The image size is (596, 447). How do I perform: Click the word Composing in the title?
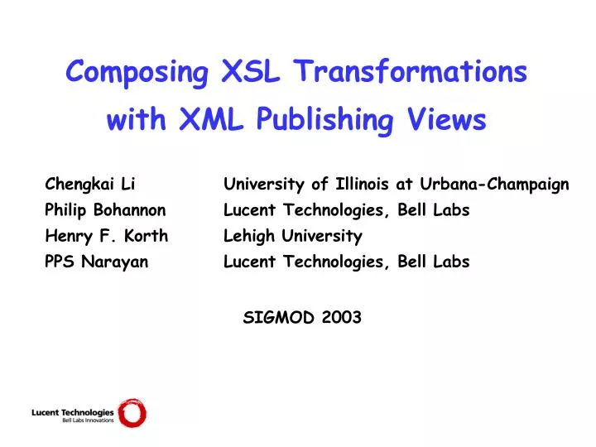137,74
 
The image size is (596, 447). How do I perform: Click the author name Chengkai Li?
90,184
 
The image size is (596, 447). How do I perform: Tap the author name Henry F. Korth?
106,236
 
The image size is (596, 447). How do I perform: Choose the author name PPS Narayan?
97,262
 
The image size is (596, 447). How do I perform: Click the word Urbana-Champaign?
495,184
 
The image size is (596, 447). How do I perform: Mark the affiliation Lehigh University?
293,236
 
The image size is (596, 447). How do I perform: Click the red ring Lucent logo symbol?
131,413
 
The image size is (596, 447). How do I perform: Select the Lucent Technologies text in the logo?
72,411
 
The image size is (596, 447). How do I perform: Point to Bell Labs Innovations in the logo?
88,421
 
